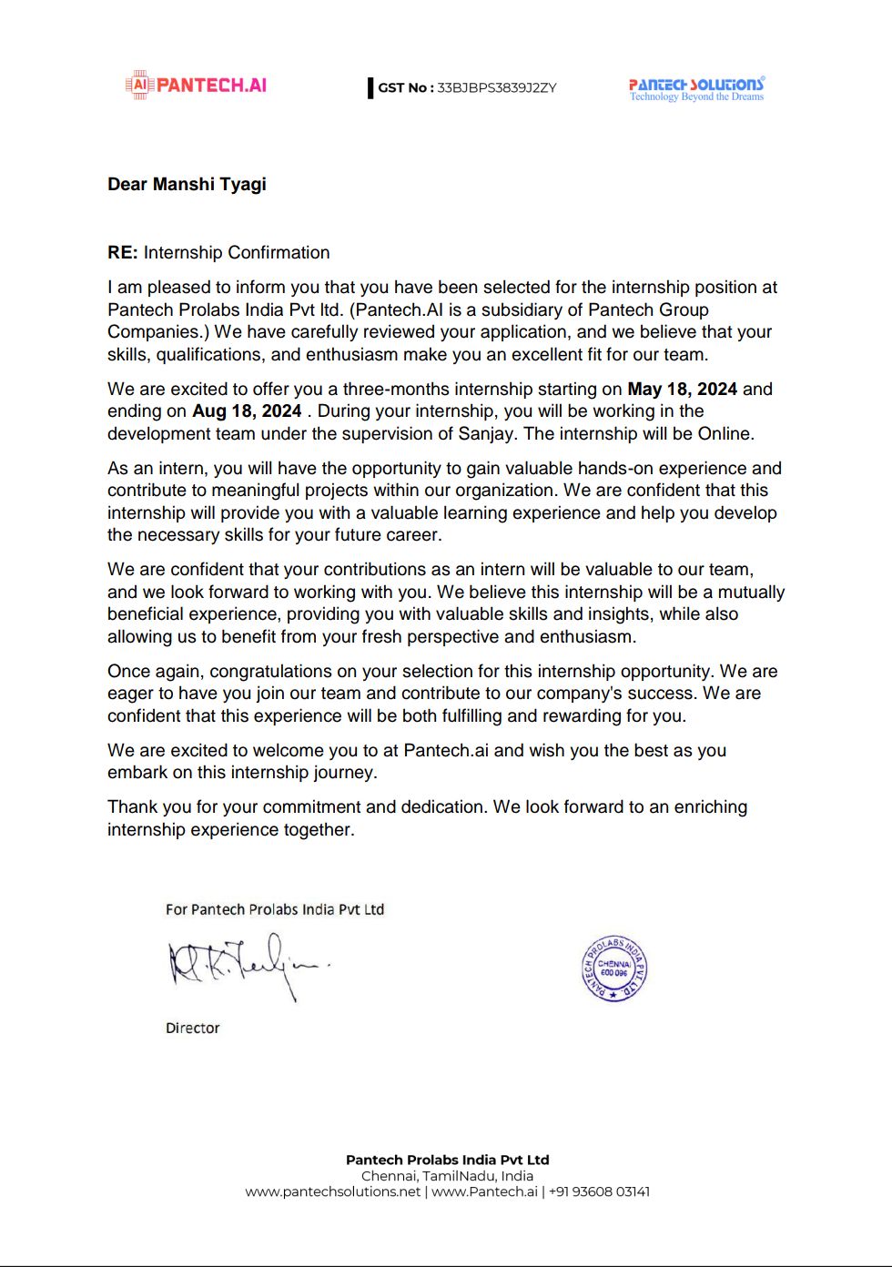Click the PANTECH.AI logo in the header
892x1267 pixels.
(197, 85)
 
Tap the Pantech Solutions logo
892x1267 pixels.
(696, 88)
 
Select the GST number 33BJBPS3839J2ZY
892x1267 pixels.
(496, 88)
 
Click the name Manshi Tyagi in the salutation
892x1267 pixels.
(209, 184)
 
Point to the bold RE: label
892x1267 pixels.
(122, 253)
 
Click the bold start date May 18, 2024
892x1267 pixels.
(682, 390)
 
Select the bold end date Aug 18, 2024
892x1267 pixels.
(247, 411)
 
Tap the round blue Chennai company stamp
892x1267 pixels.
(614, 968)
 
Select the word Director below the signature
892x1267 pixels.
(193, 1029)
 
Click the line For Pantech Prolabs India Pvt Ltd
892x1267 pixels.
(275, 909)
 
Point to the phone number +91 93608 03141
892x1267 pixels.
(599, 1191)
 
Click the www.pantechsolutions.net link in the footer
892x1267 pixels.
(333, 1191)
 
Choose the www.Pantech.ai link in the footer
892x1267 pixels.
(484, 1191)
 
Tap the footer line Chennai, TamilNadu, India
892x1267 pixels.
(447, 1176)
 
